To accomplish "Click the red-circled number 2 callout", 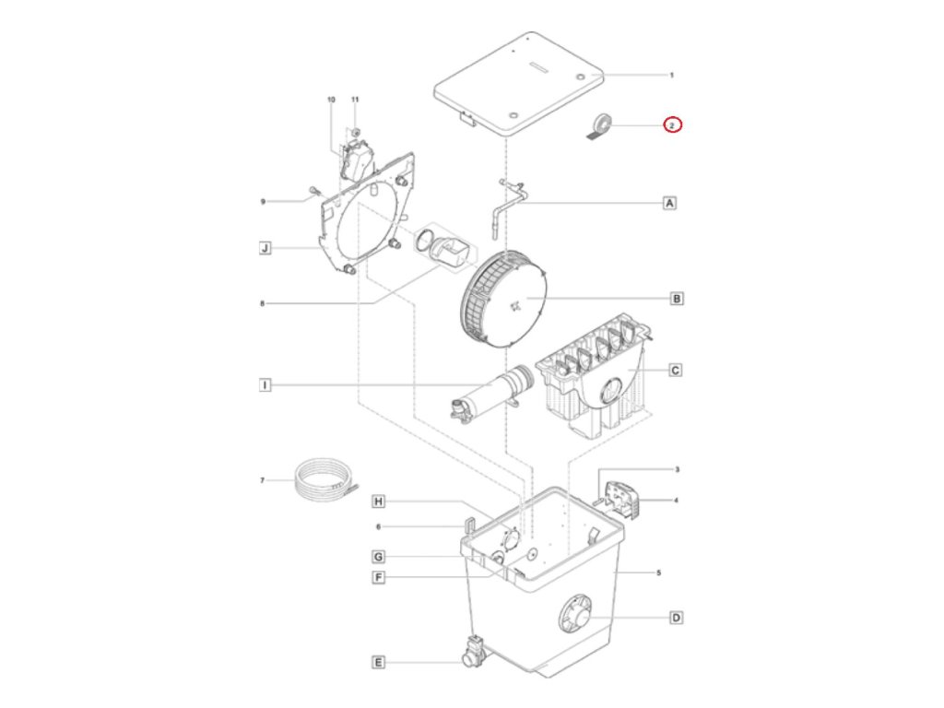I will pos(673,125).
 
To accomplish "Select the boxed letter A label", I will pos(670,202).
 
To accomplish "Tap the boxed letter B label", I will pos(676,299).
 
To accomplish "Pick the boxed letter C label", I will pos(675,371).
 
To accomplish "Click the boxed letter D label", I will pos(676,618).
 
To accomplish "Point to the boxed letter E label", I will pos(378,662).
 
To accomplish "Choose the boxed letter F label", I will pos(378,578).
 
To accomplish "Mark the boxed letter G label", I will pos(378,557).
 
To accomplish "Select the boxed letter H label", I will pos(378,501).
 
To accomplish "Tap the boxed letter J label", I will pos(265,248).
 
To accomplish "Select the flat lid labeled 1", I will pos(518,86).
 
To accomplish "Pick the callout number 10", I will pos(331,99).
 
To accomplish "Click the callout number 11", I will pos(354,99).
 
